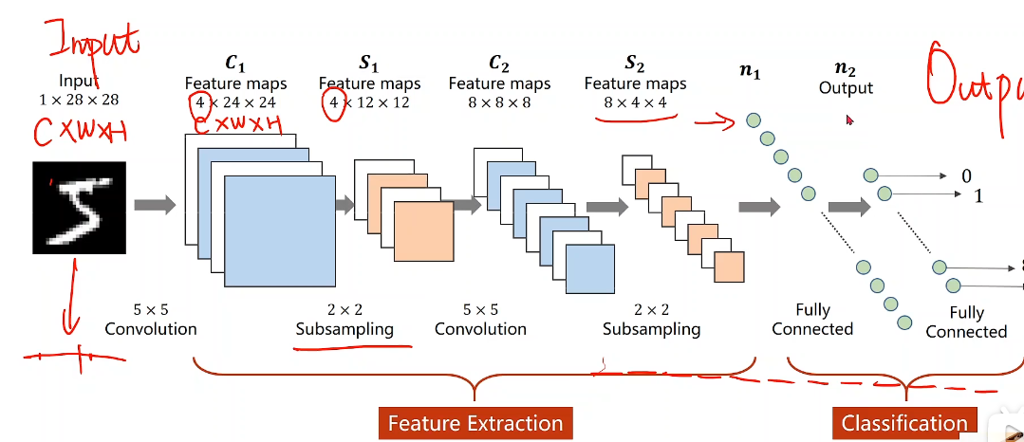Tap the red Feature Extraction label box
474,423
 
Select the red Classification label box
903,423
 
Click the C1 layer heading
234,64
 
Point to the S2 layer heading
634,64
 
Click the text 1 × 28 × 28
79,99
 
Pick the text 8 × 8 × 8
498,101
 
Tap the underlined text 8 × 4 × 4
634,101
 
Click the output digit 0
966,175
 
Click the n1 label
754,69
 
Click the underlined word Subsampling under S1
344,329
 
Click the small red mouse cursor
850,120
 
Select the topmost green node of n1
754,120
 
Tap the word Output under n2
846,87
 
